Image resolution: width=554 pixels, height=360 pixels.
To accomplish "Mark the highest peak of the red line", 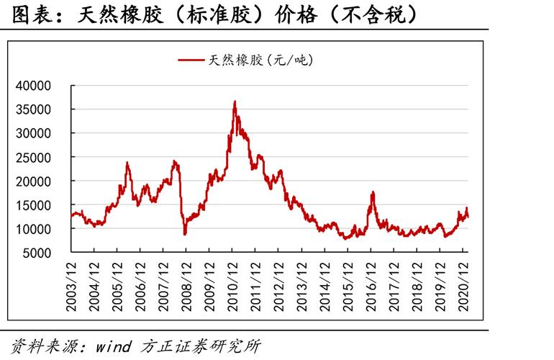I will (x=235, y=102).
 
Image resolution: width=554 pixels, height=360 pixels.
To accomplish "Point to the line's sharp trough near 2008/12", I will (x=185, y=234).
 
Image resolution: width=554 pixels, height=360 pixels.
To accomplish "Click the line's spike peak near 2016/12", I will (x=373, y=192).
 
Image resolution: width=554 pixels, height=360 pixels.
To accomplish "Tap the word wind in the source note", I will (x=111, y=346).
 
